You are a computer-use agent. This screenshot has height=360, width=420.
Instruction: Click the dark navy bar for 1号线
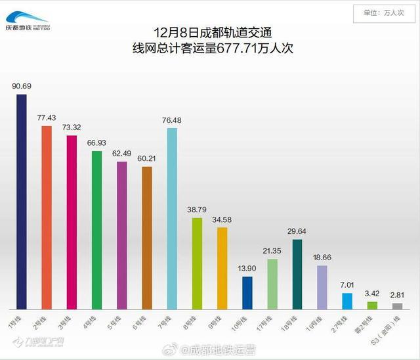click(x=22, y=201)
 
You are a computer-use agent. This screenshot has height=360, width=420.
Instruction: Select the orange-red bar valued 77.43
click(x=47, y=217)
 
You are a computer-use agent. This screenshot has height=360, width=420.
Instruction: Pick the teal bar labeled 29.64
click(x=297, y=274)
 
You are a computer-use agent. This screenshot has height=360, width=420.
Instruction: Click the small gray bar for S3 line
click(x=397, y=305)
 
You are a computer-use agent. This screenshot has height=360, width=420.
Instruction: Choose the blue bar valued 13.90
click(x=247, y=292)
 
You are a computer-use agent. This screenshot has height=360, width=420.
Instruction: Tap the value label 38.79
click(x=197, y=209)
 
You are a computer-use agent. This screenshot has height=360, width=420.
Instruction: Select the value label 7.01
click(x=347, y=284)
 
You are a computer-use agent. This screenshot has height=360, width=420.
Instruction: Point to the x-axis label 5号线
click(x=118, y=322)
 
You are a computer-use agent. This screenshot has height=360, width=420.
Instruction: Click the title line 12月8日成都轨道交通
click(x=211, y=33)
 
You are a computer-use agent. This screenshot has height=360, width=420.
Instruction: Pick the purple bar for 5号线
click(x=121, y=235)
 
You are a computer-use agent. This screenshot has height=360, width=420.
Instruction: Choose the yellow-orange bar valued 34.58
click(x=222, y=268)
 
